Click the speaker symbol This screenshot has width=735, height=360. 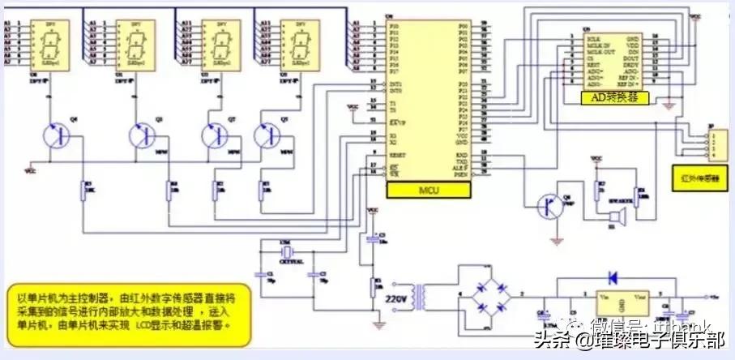(x=617, y=217)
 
